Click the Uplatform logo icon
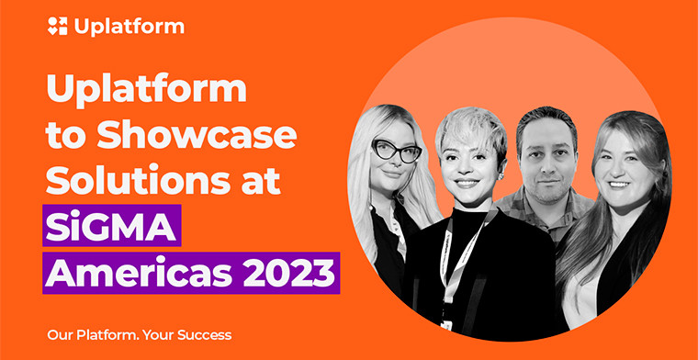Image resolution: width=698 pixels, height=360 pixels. (x=56, y=27)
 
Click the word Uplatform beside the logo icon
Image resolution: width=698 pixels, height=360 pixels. (x=128, y=27)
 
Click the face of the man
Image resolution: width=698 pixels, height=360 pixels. (x=546, y=161)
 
